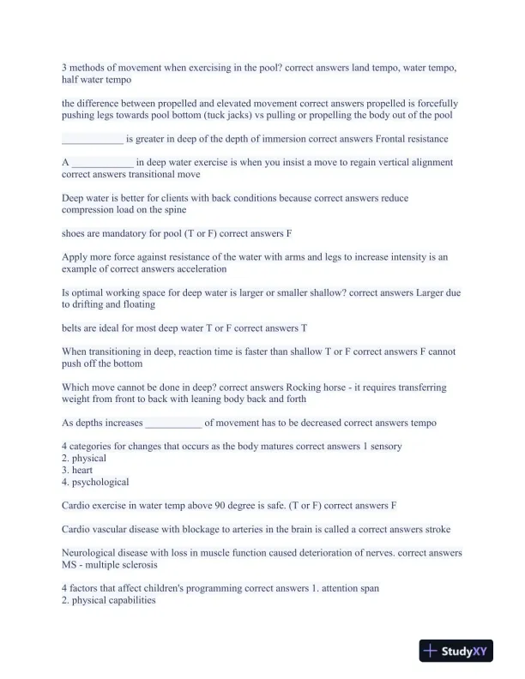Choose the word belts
point(75,327)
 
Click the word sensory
point(383,447)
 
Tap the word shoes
point(74,233)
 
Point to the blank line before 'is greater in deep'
point(93,139)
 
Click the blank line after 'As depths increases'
point(174,423)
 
